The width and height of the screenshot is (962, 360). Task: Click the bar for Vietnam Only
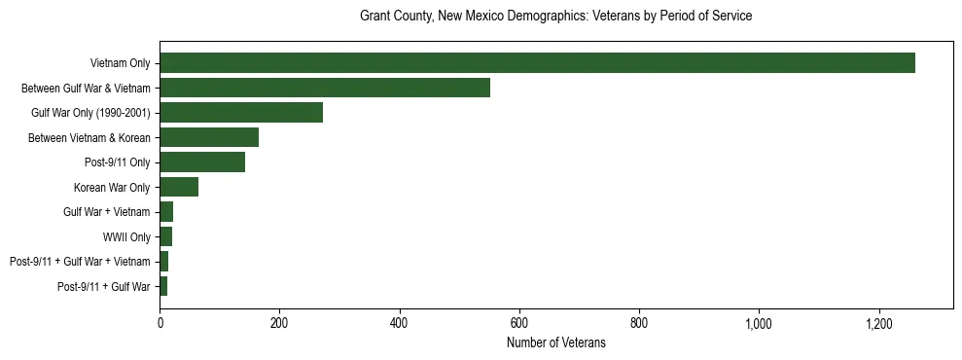coord(537,63)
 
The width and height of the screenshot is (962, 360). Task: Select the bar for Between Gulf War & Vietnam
coord(325,88)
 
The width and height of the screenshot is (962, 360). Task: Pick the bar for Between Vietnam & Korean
coord(209,137)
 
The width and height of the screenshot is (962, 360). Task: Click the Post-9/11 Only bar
coord(202,162)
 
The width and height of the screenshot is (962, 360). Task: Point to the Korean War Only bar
coord(179,187)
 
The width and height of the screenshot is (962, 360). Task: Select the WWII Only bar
coord(166,236)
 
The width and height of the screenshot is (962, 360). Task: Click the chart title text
coord(555,17)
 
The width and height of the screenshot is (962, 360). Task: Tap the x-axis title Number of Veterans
coord(555,343)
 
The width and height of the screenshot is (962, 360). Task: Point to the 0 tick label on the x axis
coord(160,323)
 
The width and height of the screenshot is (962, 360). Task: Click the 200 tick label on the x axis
coord(280,323)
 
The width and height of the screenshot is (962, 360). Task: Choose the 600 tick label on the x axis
coord(519,323)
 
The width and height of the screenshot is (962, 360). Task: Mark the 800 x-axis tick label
coord(639,323)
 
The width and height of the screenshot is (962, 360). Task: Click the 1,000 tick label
coord(759,323)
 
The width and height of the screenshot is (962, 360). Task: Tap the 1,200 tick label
coord(879,323)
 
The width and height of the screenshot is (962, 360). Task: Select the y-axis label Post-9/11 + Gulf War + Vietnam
coord(80,262)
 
